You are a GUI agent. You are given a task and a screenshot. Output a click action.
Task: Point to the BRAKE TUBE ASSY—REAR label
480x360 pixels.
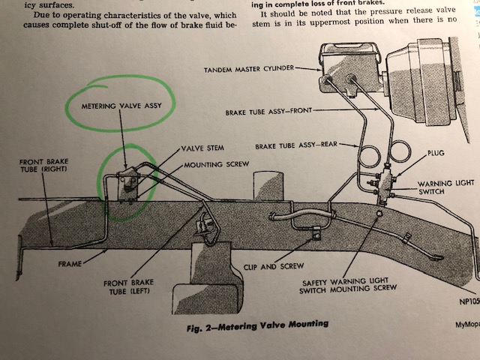297,147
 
